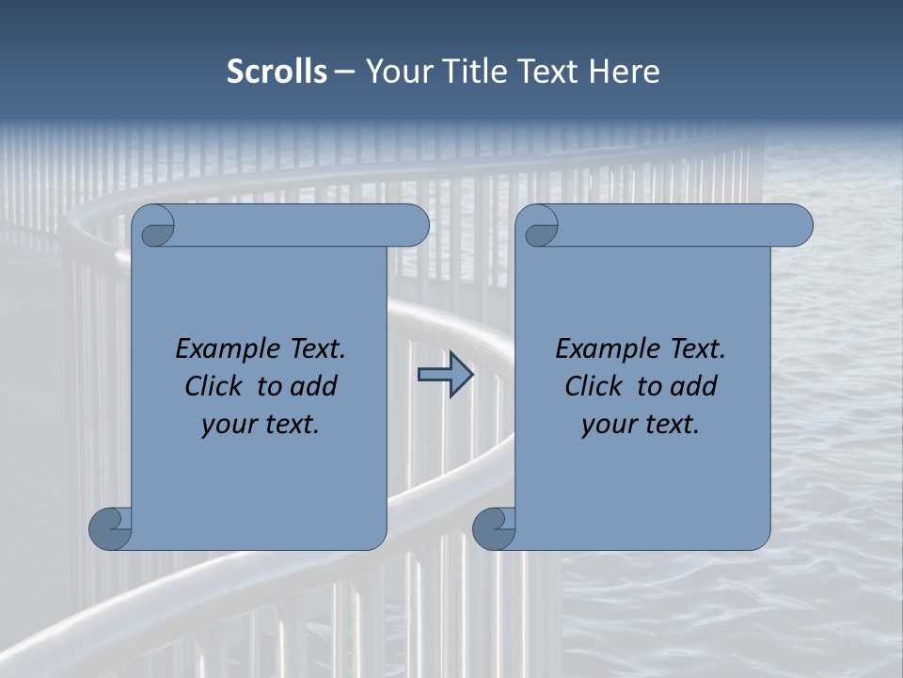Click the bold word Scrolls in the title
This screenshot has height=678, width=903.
tap(277, 72)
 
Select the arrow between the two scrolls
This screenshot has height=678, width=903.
tap(445, 376)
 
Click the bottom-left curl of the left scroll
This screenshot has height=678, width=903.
tap(109, 527)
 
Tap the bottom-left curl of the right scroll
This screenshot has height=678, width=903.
tap(493, 527)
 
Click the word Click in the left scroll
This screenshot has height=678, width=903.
tap(214, 386)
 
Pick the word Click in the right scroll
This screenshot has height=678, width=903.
tap(594, 386)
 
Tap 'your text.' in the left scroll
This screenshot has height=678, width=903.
tap(261, 424)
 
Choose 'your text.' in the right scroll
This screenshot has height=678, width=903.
tap(641, 424)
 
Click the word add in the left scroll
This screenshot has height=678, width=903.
tap(313, 386)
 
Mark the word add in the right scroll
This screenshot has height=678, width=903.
tap(693, 386)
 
